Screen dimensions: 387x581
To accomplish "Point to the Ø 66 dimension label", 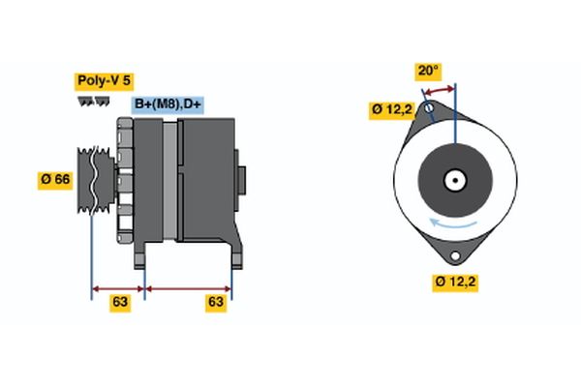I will [54, 181].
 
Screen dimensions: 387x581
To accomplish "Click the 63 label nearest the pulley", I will [119, 302].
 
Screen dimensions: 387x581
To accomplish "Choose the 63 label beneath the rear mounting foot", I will [216, 302].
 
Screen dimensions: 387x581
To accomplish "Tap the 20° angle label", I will [427, 71].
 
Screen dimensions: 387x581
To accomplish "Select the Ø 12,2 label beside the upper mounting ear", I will [391, 109].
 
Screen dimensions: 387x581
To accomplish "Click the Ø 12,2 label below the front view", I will [456, 282].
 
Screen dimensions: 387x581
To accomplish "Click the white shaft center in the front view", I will [453, 180].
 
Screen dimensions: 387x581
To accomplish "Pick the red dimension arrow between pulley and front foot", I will [117, 287].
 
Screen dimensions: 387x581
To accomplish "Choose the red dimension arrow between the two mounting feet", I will [188, 287].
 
